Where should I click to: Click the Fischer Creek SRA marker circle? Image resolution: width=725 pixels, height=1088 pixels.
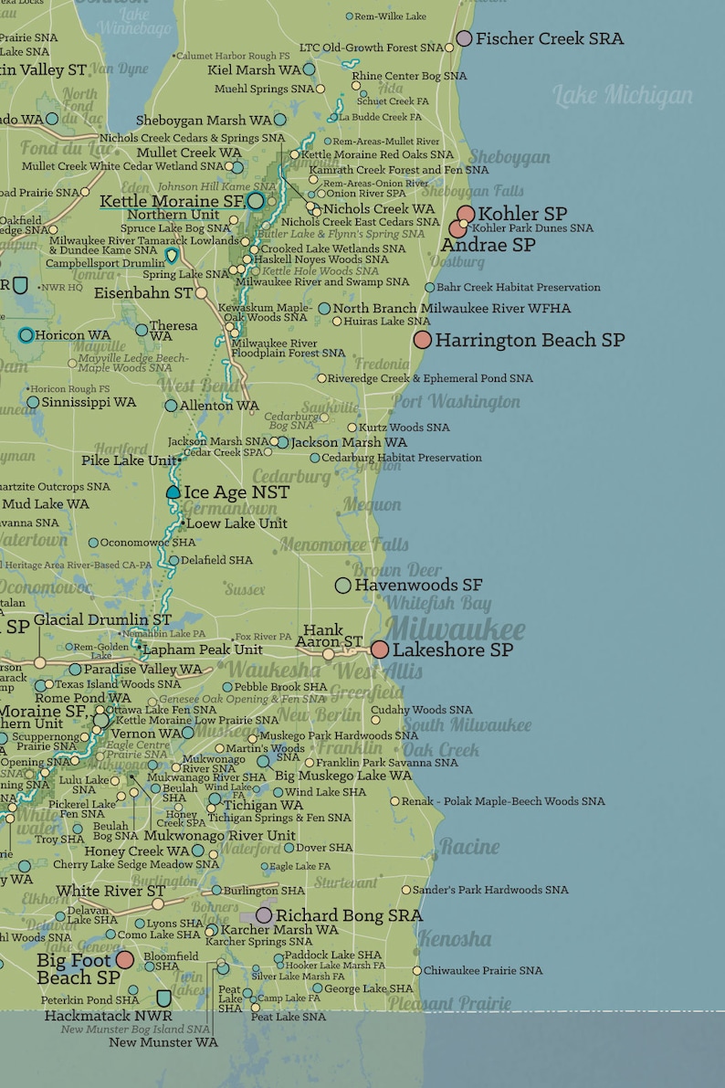464,38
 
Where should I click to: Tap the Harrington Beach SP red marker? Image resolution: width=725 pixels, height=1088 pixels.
422,340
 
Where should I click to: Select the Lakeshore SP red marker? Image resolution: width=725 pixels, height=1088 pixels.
380,650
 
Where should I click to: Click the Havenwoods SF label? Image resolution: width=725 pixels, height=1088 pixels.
418,585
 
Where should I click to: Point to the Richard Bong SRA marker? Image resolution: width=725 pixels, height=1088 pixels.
264,914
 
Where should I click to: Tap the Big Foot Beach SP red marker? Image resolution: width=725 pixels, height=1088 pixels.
125,960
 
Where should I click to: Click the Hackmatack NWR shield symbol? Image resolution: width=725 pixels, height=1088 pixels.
163,998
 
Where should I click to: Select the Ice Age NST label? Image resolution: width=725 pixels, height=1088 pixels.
236,492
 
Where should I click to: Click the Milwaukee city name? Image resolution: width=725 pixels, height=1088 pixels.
456,629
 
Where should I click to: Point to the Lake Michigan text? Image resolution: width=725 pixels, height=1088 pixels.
623,95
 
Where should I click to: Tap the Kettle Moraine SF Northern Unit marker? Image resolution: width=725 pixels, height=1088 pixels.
256,200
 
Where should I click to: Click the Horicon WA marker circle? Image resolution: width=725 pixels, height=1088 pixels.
26,335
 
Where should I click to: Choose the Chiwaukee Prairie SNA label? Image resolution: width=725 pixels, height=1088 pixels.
483,971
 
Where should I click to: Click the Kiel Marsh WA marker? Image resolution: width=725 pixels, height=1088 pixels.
309,69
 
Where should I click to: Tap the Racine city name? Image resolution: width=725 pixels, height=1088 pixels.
468,847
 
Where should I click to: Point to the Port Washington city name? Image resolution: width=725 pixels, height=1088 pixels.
456,402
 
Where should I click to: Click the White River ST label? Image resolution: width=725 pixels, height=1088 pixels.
110,891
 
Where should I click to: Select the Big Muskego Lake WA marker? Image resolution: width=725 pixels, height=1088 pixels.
263,761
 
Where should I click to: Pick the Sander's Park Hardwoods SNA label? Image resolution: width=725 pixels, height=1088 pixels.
490,890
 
